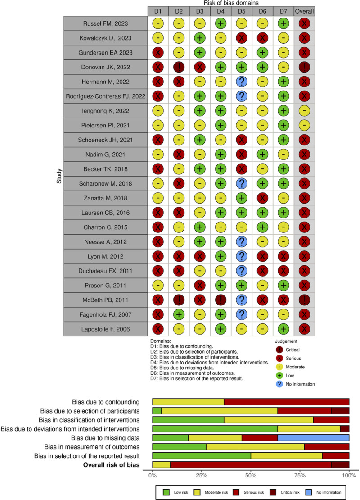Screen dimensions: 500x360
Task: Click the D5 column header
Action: pyautogui.click(x=242, y=10)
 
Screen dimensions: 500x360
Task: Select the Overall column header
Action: pyautogui.click(x=304, y=10)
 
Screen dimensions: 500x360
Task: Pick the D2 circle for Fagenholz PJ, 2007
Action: pyautogui.click(x=180, y=314)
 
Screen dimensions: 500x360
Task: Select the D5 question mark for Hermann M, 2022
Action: pyautogui.click(x=242, y=82)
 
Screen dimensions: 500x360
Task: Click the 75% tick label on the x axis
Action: pyautogui.click(x=300, y=475)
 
